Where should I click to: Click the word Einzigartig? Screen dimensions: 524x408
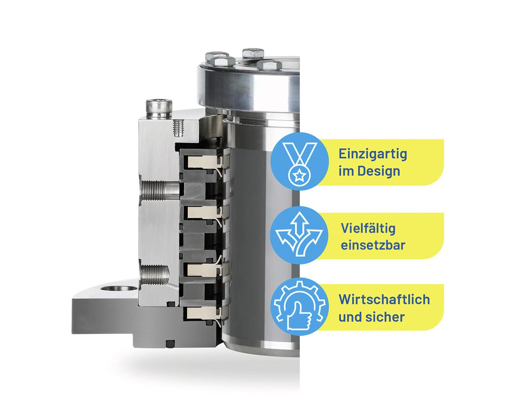[373, 155]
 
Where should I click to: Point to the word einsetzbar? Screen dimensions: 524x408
[373, 245]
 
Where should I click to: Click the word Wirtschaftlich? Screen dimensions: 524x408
[384, 299]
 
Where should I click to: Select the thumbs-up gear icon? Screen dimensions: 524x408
[300, 305]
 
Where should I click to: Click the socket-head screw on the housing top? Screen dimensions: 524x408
[159, 108]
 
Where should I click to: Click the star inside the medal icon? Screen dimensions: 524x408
[300, 174]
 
